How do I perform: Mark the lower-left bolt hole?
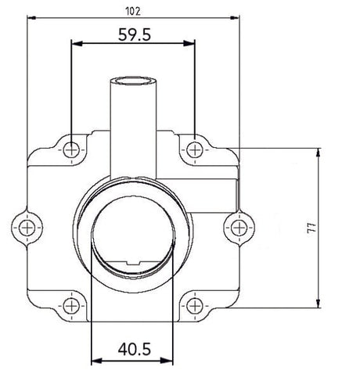point(72,305)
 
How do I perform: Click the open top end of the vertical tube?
point(132,80)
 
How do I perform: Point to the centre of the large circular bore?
point(131,234)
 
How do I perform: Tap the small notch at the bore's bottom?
point(131,263)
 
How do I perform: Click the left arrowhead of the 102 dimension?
point(31,17)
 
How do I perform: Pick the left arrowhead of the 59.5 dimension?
point(75,45)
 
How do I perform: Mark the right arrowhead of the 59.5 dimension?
point(190,45)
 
